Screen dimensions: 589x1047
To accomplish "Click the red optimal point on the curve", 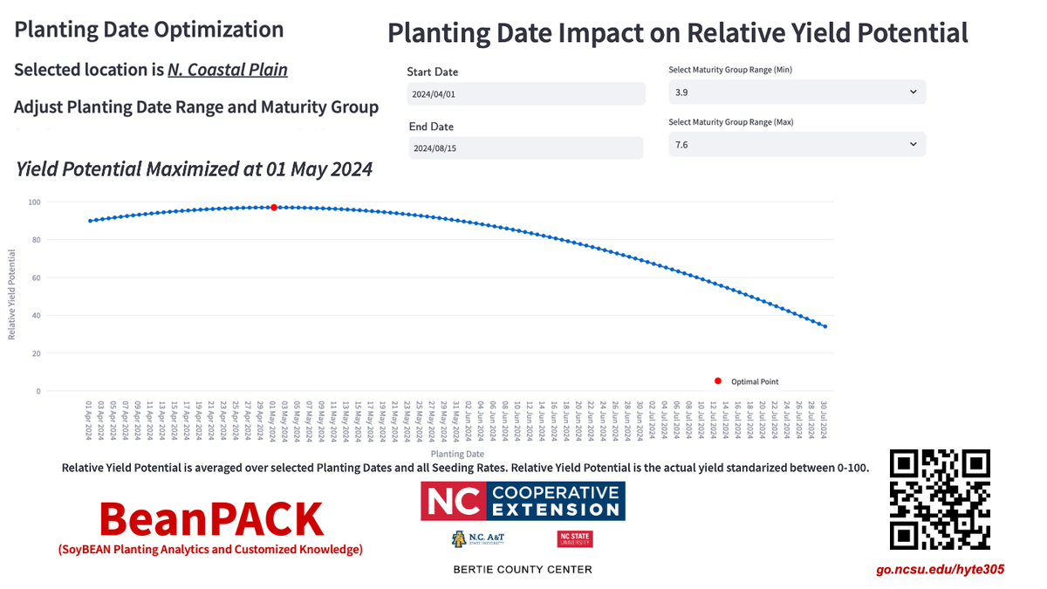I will (x=274, y=207).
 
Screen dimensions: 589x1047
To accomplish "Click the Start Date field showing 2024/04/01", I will (x=526, y=93).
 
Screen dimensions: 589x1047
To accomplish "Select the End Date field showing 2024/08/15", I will (x=526, y=148).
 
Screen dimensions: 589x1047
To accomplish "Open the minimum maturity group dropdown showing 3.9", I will (x=797, y=92).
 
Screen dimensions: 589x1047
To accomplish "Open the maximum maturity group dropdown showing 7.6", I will (x=797, y=145).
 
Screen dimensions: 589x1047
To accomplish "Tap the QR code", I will (x=940, y=499).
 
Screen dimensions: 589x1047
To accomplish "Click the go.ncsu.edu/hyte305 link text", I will (x=940, y=570).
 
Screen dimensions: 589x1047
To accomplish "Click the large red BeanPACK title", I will (x=211, y=518).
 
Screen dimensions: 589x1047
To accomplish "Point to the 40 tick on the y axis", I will (x=36, y=316).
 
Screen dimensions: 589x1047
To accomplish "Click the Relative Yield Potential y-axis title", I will (x=12, y=294).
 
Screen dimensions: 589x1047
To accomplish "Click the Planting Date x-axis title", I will (x=457, y=454).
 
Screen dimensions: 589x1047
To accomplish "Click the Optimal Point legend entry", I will (x=754, y=381).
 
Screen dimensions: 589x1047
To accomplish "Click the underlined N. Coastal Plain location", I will (x=228, y=70).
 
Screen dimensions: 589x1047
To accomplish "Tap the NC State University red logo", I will (x=574, y=539).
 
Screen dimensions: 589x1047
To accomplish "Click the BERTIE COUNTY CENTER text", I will (x=522, y=570).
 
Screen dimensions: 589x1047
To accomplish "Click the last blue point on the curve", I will (x=825, y=327).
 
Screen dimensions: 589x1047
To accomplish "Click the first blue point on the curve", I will (x=90, y=221).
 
